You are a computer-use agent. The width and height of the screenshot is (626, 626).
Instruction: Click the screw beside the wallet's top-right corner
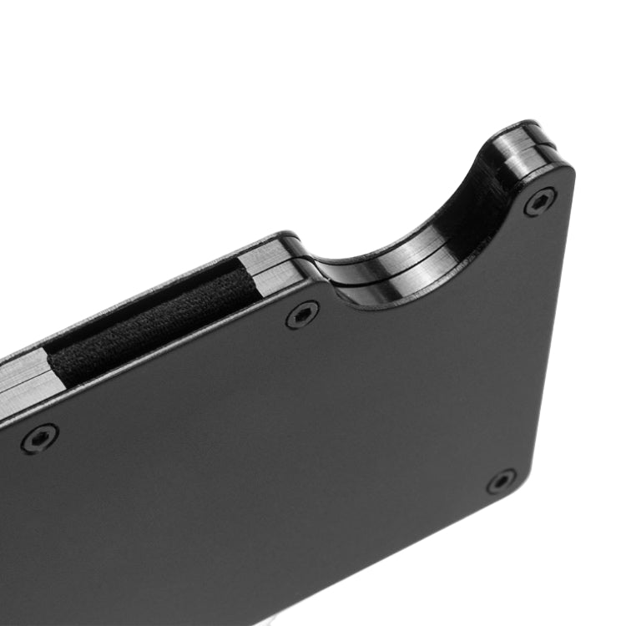pyautogui.click(x=539, y=202)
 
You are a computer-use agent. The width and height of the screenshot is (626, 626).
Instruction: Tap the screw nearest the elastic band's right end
pyautogui.click(x=302, y=315)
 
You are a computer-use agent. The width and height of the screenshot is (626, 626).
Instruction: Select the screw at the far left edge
pyautogui.click(x=39, y=438)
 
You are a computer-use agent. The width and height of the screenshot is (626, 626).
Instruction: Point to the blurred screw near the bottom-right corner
pyautogui.click(x=501, y=482)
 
